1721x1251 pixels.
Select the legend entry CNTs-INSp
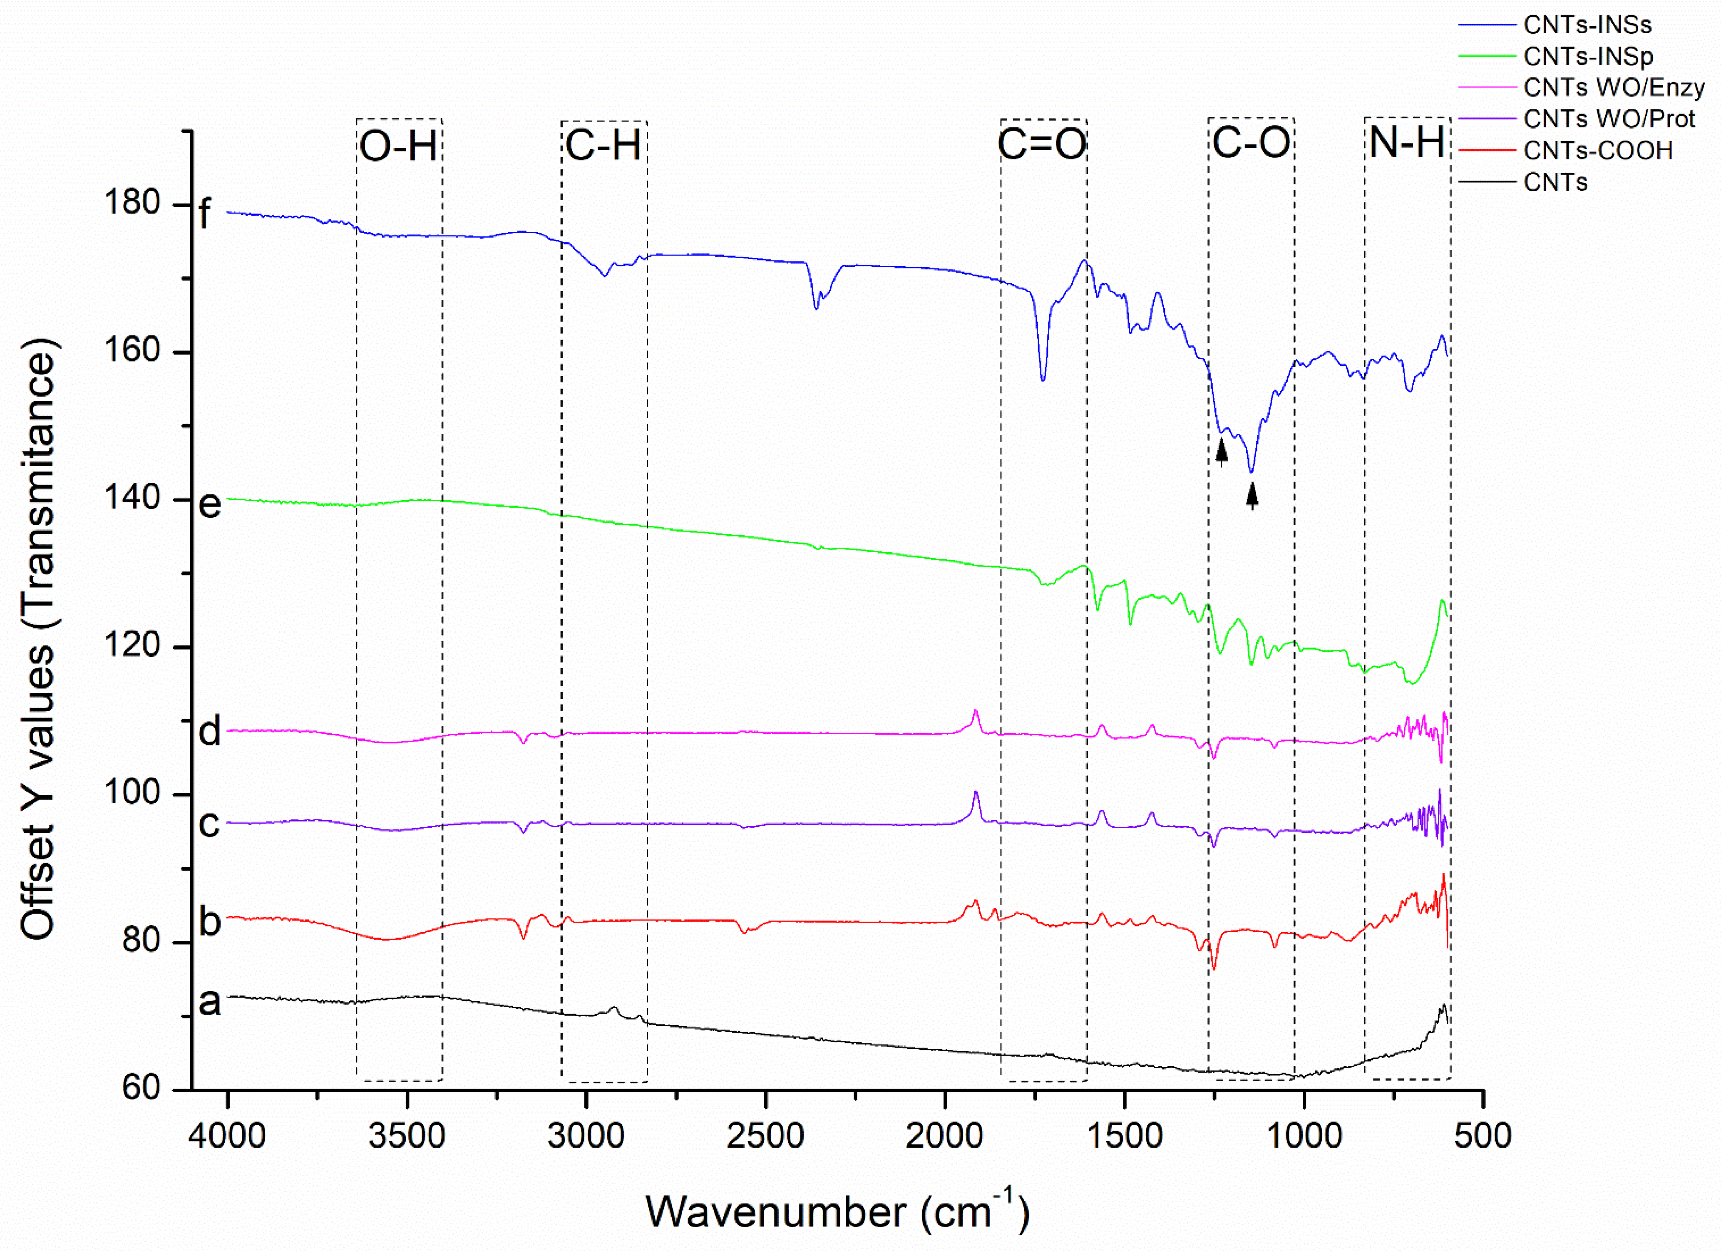[x=1587, y=56]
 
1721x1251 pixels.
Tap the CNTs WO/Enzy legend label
[x=1613, y=87]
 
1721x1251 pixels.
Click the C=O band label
[x=1043, y=144]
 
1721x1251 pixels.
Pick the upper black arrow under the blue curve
[x=1222, y=452]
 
